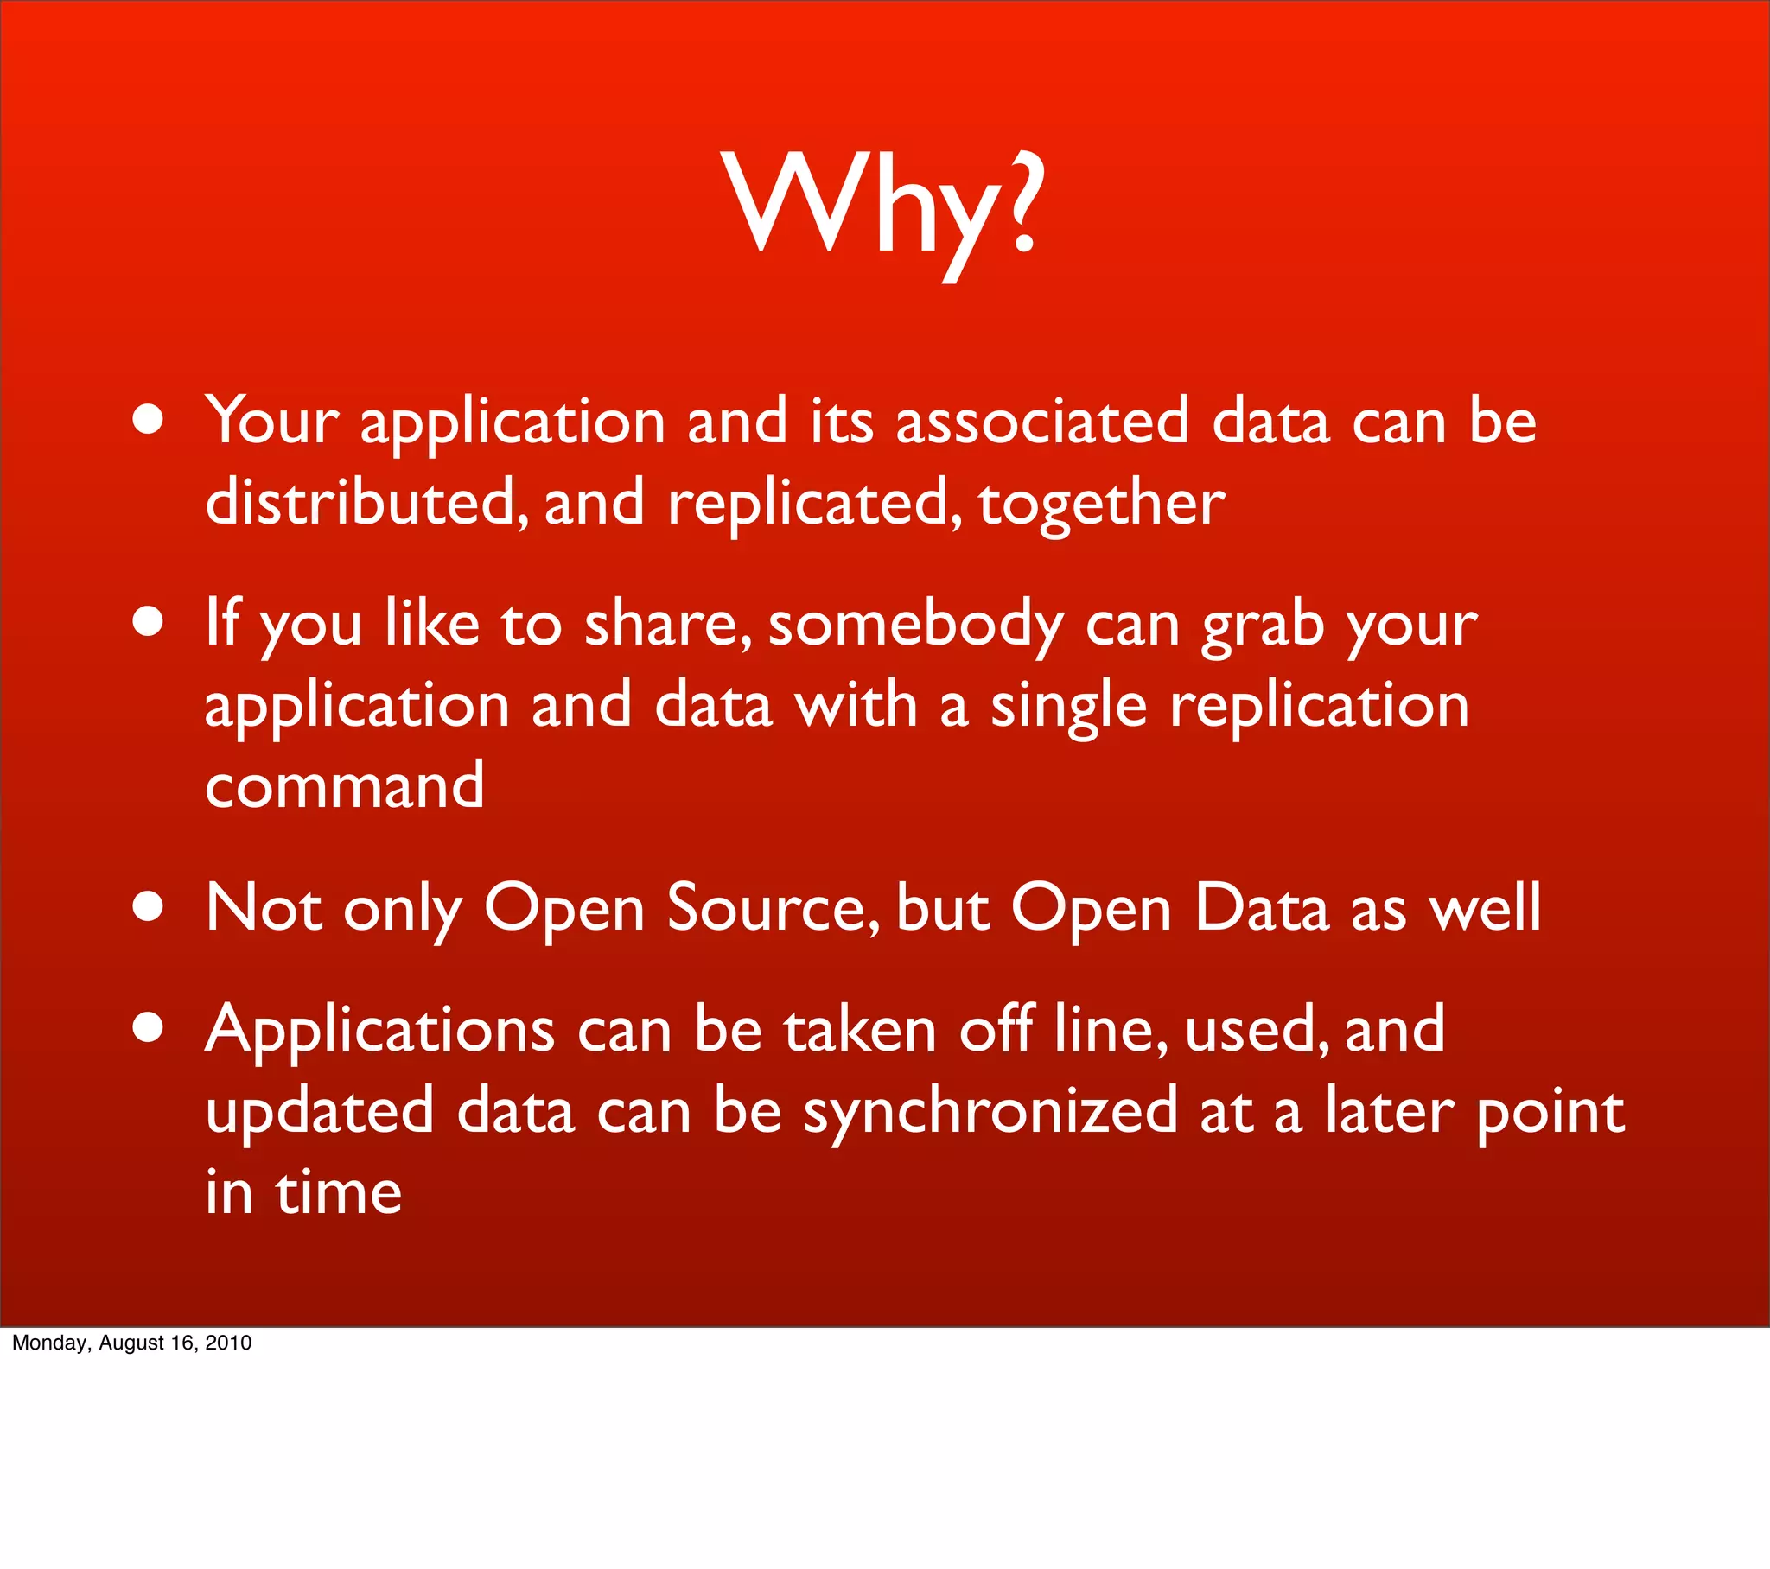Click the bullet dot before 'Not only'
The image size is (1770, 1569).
tap(149, 905)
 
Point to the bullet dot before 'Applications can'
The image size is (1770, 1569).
tap(149, 1027)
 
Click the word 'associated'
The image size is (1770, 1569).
tap(1041, 422)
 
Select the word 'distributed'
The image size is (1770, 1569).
tap(363, 503)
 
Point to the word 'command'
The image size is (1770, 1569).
tap(344, 786)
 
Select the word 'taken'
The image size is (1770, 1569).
tap(860, 1031)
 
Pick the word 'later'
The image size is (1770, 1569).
tap(1389, 1112)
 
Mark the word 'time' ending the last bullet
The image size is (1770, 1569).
tap(339, 1192)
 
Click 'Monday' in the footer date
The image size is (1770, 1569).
tap(48, 1343)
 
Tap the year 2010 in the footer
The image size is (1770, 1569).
tap(228, 1343)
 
